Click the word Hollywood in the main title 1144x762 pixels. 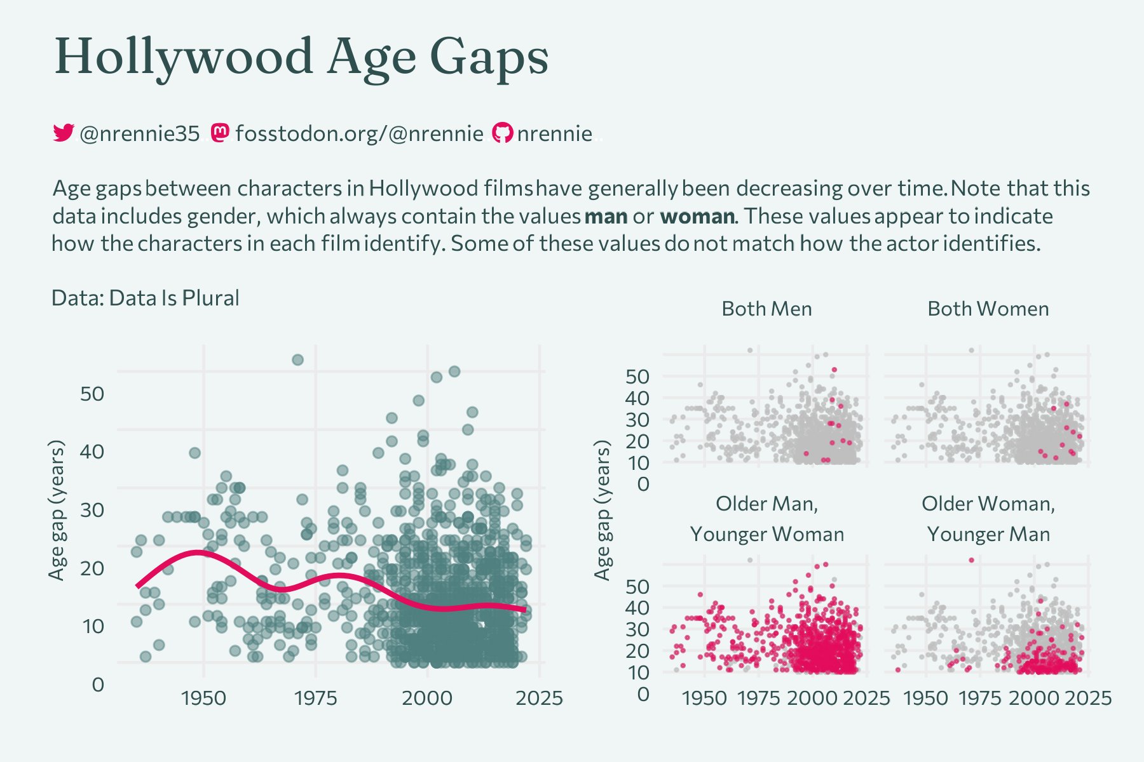point(184,57)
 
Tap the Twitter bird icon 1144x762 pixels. point(63,133)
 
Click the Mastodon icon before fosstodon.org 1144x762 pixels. point(219,133)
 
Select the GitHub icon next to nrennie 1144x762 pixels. point(502,133)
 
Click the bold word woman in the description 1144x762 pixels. point(697,217)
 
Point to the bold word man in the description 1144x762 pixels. point(606,217)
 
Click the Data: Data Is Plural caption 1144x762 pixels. point(145,298)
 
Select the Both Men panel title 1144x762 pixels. point(766,309)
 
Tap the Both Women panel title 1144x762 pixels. point(988,309)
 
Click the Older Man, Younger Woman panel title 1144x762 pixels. point(766,519)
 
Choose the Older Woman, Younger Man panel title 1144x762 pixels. point(988,519)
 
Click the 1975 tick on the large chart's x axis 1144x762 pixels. point(315,698)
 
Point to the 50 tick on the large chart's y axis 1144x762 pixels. point(92,394)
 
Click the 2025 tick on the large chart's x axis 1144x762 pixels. point(539,698)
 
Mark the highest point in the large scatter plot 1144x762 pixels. point(297,360)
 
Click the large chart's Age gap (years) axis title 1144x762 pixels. point(57,511)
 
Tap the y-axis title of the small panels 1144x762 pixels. point(602,511)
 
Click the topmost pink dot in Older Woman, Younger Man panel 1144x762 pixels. point(971,560)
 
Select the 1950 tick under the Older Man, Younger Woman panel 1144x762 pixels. point(704,698)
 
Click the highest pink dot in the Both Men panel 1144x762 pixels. point(834,370)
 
